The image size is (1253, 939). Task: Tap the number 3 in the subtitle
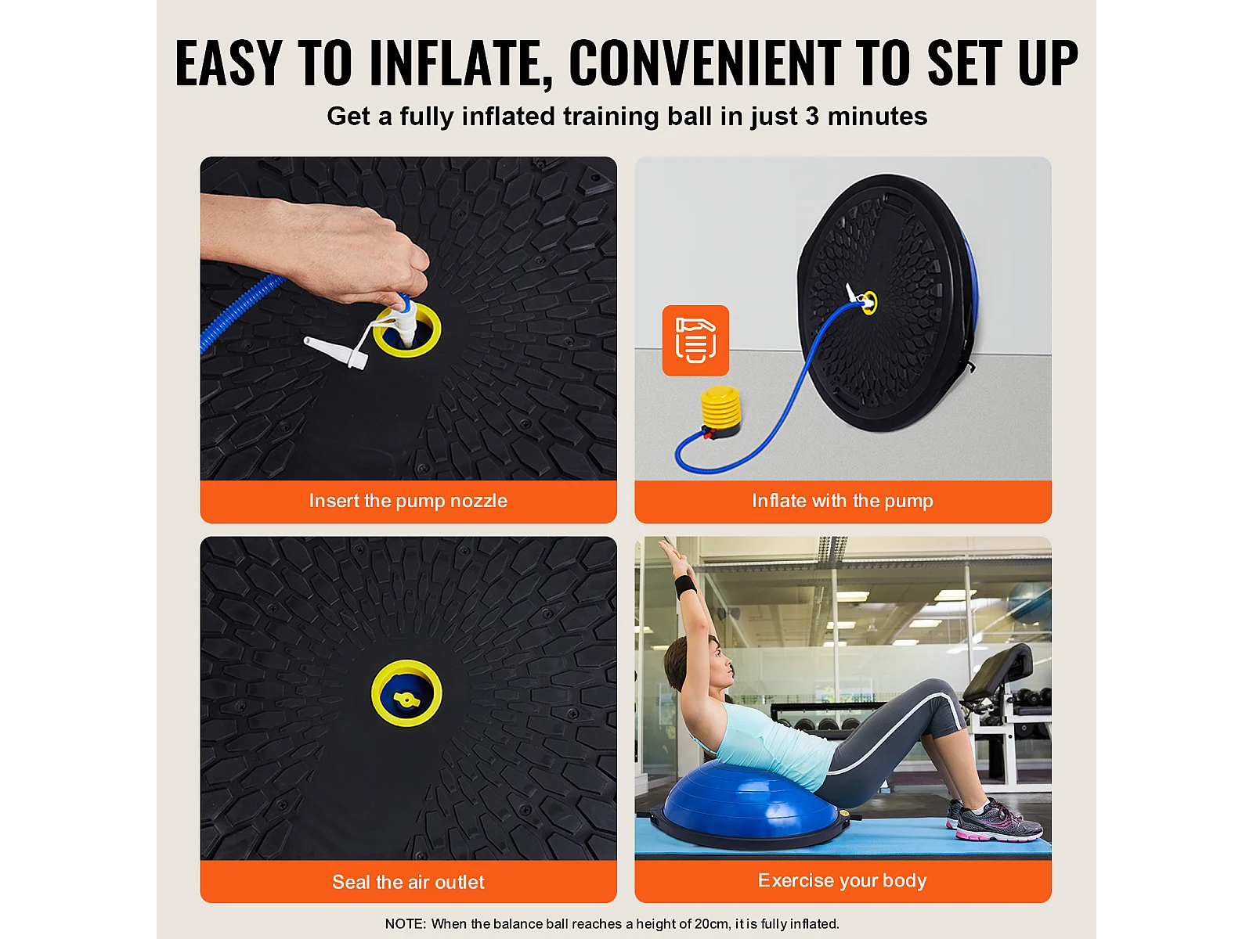(x=812, y=117)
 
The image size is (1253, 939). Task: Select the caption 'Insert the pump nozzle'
(x=408, y=501)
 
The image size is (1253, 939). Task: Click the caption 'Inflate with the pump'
(x=843, y=501)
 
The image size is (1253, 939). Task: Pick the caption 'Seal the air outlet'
(x=408, y=882)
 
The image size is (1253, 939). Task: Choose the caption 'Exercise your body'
(x=843, y=881)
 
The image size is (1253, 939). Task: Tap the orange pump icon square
(x=695, y=340)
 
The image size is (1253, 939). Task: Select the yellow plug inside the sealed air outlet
(x=406, y=699)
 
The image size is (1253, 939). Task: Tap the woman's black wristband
(x=685, y=587)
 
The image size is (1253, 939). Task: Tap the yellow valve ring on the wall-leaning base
(x=868, y=302)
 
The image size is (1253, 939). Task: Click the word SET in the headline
(x=966, y=63)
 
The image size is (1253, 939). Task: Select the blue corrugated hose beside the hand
(x=240, y=311)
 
